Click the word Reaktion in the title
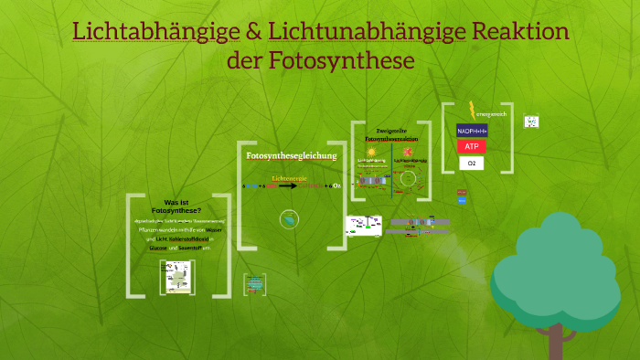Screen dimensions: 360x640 tap(519, 33)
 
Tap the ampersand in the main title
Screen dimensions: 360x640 tap(255, 33)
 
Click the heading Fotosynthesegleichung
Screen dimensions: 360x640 tap(292, 156)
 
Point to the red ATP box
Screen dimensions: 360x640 tap(472, 146)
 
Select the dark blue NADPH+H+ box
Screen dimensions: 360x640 tap(472, 131)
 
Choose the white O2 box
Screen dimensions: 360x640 tap(472, 163)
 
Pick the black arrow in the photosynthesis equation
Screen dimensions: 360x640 tap(289, 185)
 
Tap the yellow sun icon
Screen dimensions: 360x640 tap(372, 151)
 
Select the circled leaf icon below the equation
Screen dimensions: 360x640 tap(290, 219)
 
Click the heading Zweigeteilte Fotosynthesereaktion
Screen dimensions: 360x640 tap(391, 134)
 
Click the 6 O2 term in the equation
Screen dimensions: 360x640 tap(333, 185)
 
